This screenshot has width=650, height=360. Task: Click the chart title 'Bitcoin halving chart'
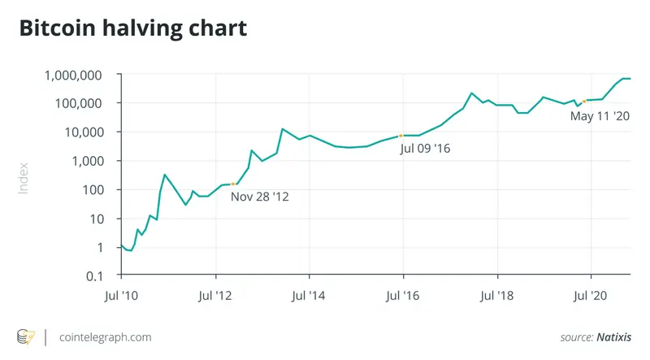pos(132,30)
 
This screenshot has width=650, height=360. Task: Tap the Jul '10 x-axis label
pos(121,297)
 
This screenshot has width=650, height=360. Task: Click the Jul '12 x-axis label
pos(214,297)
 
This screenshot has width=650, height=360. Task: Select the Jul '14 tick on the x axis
pos(309,297)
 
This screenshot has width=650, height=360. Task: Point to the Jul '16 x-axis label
pos(403,297)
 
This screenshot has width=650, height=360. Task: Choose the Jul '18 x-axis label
pos(497,297)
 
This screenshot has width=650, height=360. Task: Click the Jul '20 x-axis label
pos(591,297)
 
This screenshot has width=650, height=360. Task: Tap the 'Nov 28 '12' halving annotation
pos(260,196)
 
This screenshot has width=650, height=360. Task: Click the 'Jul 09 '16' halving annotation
pos(426,149)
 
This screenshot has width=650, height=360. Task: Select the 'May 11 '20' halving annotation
pos(600,117)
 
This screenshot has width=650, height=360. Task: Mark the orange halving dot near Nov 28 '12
pos(235,184)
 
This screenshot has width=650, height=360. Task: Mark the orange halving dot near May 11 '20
pos(584,101)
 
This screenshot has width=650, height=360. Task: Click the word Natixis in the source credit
pos(615,336)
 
